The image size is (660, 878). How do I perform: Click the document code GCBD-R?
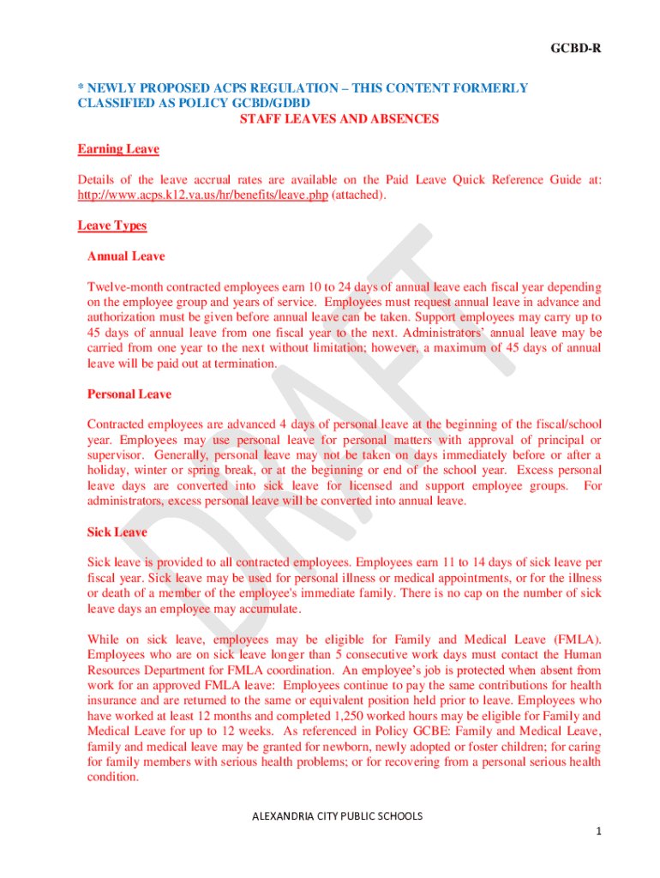pyautogui.click(x=575, y=48)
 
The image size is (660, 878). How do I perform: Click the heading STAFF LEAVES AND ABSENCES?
pyautogui.click(x=339, y=119)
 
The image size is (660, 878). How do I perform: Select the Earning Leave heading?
pyautogui.click(x=118, y=149)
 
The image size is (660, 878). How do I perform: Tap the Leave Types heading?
pyautogui.click(x=112, y=226)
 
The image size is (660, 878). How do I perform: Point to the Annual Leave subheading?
pyautogui.click(x=126, y=256)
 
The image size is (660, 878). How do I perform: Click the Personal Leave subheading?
pyautogui.click(x=129, y=394)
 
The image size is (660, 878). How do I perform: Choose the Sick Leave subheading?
pyautogui.click(x=117, y=532)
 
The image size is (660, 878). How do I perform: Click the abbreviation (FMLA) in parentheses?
pyautogui.click(x=578, y=640)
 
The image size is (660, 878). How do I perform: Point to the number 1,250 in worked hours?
pyautogui.click(x=353, y=716)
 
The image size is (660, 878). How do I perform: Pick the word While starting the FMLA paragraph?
pyautogui.click(x=104, y=640)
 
